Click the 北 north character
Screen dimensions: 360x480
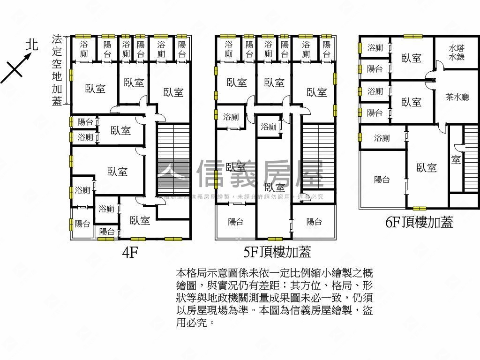tap(31, 45)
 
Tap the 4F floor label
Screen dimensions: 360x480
tap(130, 253)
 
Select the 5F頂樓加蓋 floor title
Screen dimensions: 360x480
tap(277, 253)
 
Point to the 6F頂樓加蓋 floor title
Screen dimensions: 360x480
tap(419, 222)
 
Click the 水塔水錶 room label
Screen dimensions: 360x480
tap(456, 52)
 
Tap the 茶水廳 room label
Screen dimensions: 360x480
tap(457, 97)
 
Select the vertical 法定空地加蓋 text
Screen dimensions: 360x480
tap(57, 70)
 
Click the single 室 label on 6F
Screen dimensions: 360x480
tap(456, 160)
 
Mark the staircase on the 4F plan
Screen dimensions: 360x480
tap(172, 159)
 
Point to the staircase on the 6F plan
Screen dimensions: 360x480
tap(470, 159)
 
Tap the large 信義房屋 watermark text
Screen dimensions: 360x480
tap(260, 174)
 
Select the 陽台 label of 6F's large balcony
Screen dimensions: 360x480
tap(382, 180)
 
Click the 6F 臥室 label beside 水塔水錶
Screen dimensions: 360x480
tap(412, 58)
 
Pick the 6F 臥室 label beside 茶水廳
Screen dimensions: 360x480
tap(412, 102)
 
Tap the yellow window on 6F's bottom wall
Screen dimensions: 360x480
tap(420, 208)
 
